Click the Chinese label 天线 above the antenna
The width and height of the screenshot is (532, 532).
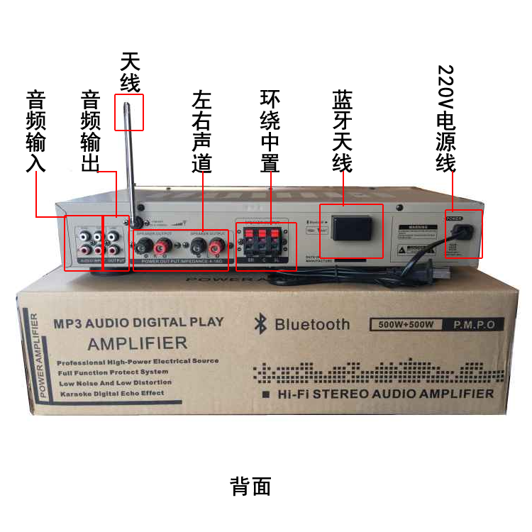[131, 72]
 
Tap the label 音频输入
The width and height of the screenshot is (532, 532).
[35, 131]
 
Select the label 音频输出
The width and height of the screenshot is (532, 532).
[91, 131]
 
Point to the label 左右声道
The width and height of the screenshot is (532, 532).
[201, 131]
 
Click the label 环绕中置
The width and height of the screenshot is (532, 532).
[270, 131]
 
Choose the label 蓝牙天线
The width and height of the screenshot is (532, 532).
[343, 131]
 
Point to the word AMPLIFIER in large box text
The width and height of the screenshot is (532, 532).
[138, 344]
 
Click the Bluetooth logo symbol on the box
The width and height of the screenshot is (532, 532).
[260, 325]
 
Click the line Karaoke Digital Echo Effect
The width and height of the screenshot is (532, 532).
[111, 393]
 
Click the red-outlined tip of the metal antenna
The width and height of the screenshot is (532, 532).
[129, 112]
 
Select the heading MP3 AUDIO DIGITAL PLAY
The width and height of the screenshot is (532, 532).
[139, 322]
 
